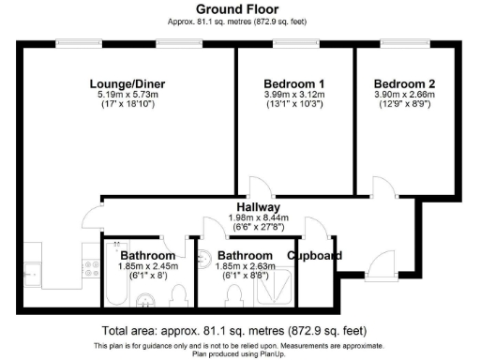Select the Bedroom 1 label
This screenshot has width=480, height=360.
coord(294,82)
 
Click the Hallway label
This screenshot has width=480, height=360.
coord(259,208)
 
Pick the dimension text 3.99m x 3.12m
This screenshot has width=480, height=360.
coord(294,94)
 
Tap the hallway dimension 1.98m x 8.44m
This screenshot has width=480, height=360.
coord(259,218)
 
